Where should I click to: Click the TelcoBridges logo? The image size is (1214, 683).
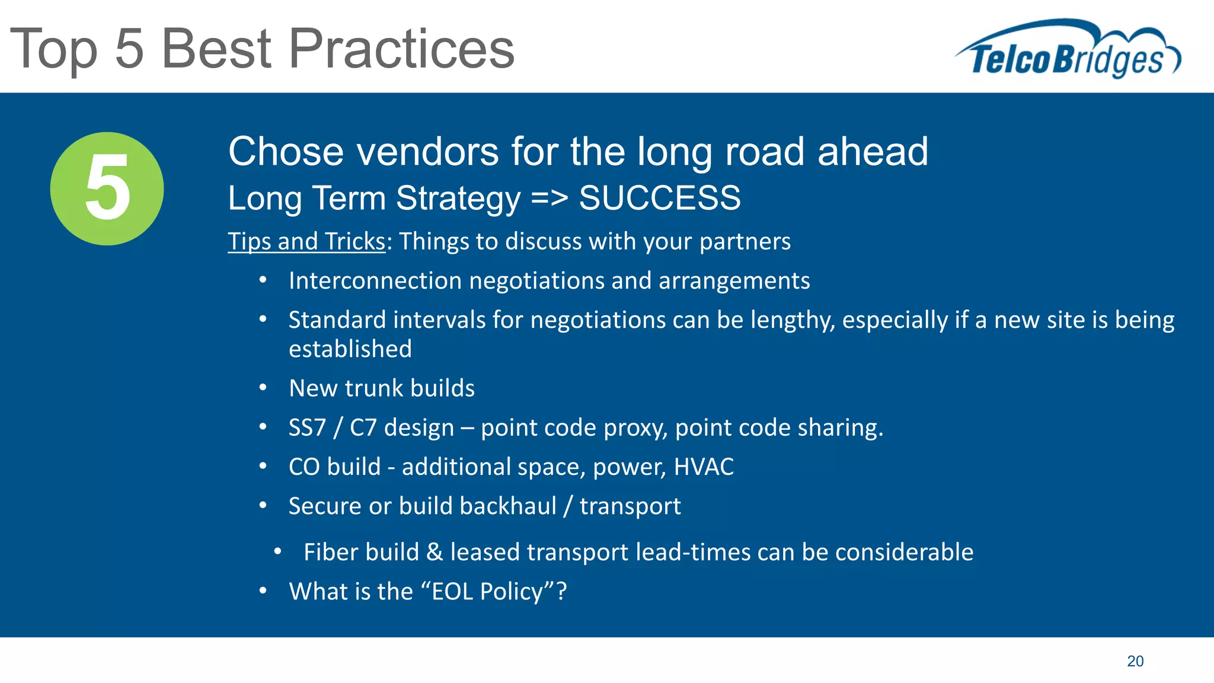tap(1067, 50)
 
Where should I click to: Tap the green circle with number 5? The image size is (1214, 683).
tap(107, 189)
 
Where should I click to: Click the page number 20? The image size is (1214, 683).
tap(1135, 661)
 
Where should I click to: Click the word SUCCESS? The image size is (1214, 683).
tap(659, 198)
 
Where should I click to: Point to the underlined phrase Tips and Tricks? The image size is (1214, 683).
tap(306, 242)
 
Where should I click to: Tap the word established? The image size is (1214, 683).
tap(350, 349)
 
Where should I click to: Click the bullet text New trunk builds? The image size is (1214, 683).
tap(382, 388)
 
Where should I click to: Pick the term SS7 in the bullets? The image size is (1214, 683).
tap(307, 427)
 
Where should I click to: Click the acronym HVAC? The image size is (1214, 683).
tap(704, 467)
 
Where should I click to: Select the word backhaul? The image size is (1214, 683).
tap(507, 506)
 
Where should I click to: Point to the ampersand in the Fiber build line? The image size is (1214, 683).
tap(435, 553)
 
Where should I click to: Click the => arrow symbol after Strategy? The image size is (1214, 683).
tap(550, 198)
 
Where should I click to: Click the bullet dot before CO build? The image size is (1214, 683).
tap(263, 467)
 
